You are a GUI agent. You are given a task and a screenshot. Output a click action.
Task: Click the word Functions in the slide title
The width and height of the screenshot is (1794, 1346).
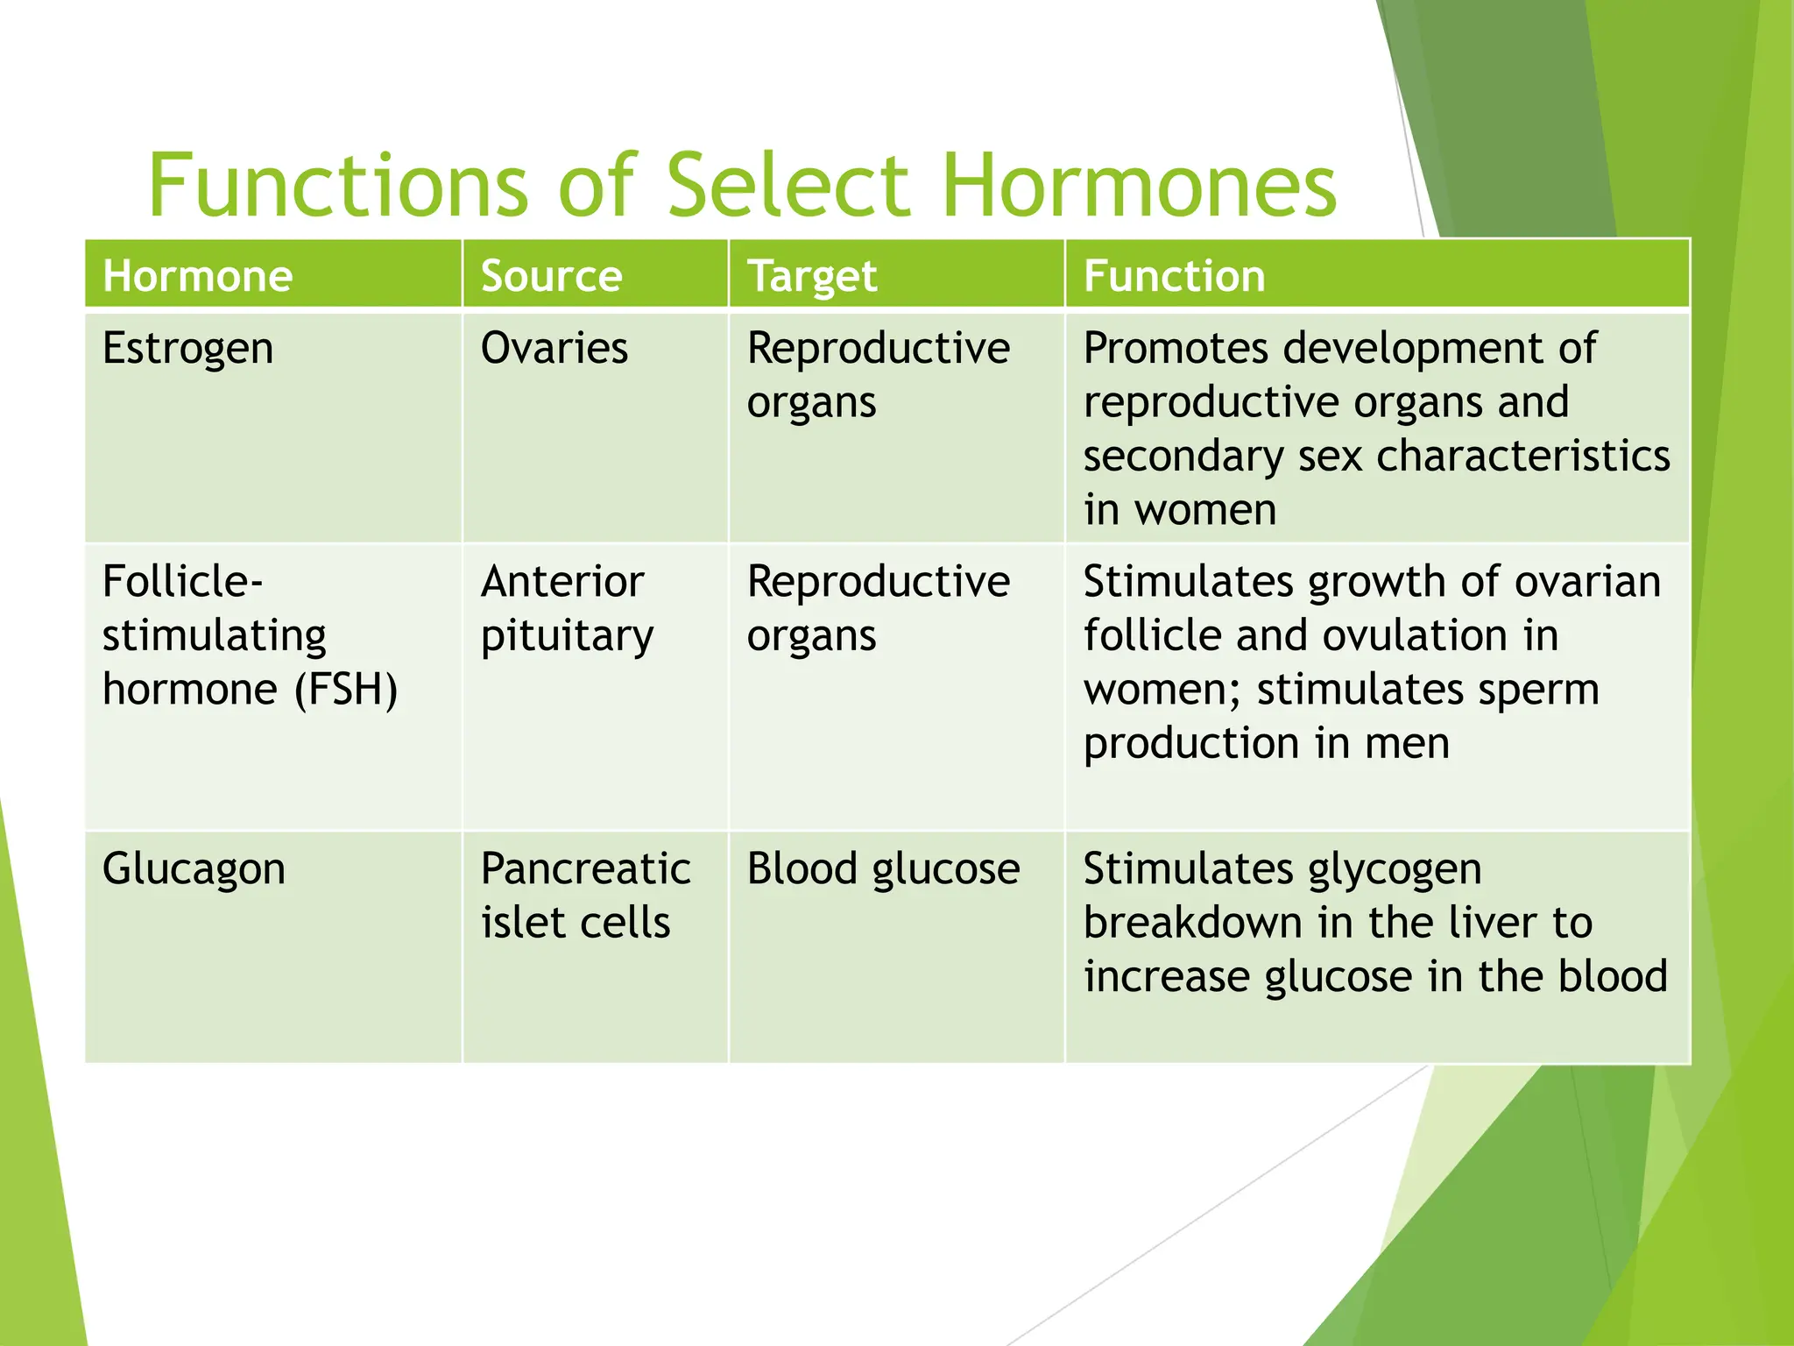[x=337, y=185]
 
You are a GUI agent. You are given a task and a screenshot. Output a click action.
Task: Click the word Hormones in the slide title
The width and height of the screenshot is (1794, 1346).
[x=1139, y=185]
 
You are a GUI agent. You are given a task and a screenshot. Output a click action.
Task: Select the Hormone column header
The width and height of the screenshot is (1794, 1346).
[x=198, y=276]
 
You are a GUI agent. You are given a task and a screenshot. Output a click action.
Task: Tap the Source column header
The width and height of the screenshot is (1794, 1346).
[x=551, y=276]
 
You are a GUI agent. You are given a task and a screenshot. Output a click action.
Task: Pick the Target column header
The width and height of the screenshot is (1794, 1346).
[x=811, y=276]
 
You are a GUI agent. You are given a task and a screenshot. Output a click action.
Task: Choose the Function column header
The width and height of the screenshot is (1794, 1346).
[x=1174, y=276]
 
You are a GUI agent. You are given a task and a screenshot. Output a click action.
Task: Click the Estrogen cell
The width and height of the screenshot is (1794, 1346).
[x=187, y=349]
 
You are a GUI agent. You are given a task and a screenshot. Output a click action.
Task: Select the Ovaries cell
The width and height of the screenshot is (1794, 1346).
[x=554, y=349]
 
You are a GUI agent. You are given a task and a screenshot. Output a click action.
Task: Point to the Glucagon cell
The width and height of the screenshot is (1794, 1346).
[x=194, y=869]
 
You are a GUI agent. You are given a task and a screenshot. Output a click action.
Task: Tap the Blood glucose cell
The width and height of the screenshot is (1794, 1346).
[x=883, y=869]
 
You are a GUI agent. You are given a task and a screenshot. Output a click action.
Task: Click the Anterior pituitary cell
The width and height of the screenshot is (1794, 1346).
[x=566, y=608]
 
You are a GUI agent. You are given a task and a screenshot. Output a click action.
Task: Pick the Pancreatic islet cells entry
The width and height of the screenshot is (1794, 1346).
[x=584, y=896]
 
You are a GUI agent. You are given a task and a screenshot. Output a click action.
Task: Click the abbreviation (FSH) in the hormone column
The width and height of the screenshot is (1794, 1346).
[x=346, y=690]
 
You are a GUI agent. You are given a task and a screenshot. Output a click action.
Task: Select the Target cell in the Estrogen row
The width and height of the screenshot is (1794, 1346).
[x=878, y=375]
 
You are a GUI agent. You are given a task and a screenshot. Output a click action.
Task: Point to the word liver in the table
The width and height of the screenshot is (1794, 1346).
[x=1494, y=923]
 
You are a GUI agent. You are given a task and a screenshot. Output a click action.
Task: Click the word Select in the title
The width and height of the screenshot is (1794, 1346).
[x=788, y=185]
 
